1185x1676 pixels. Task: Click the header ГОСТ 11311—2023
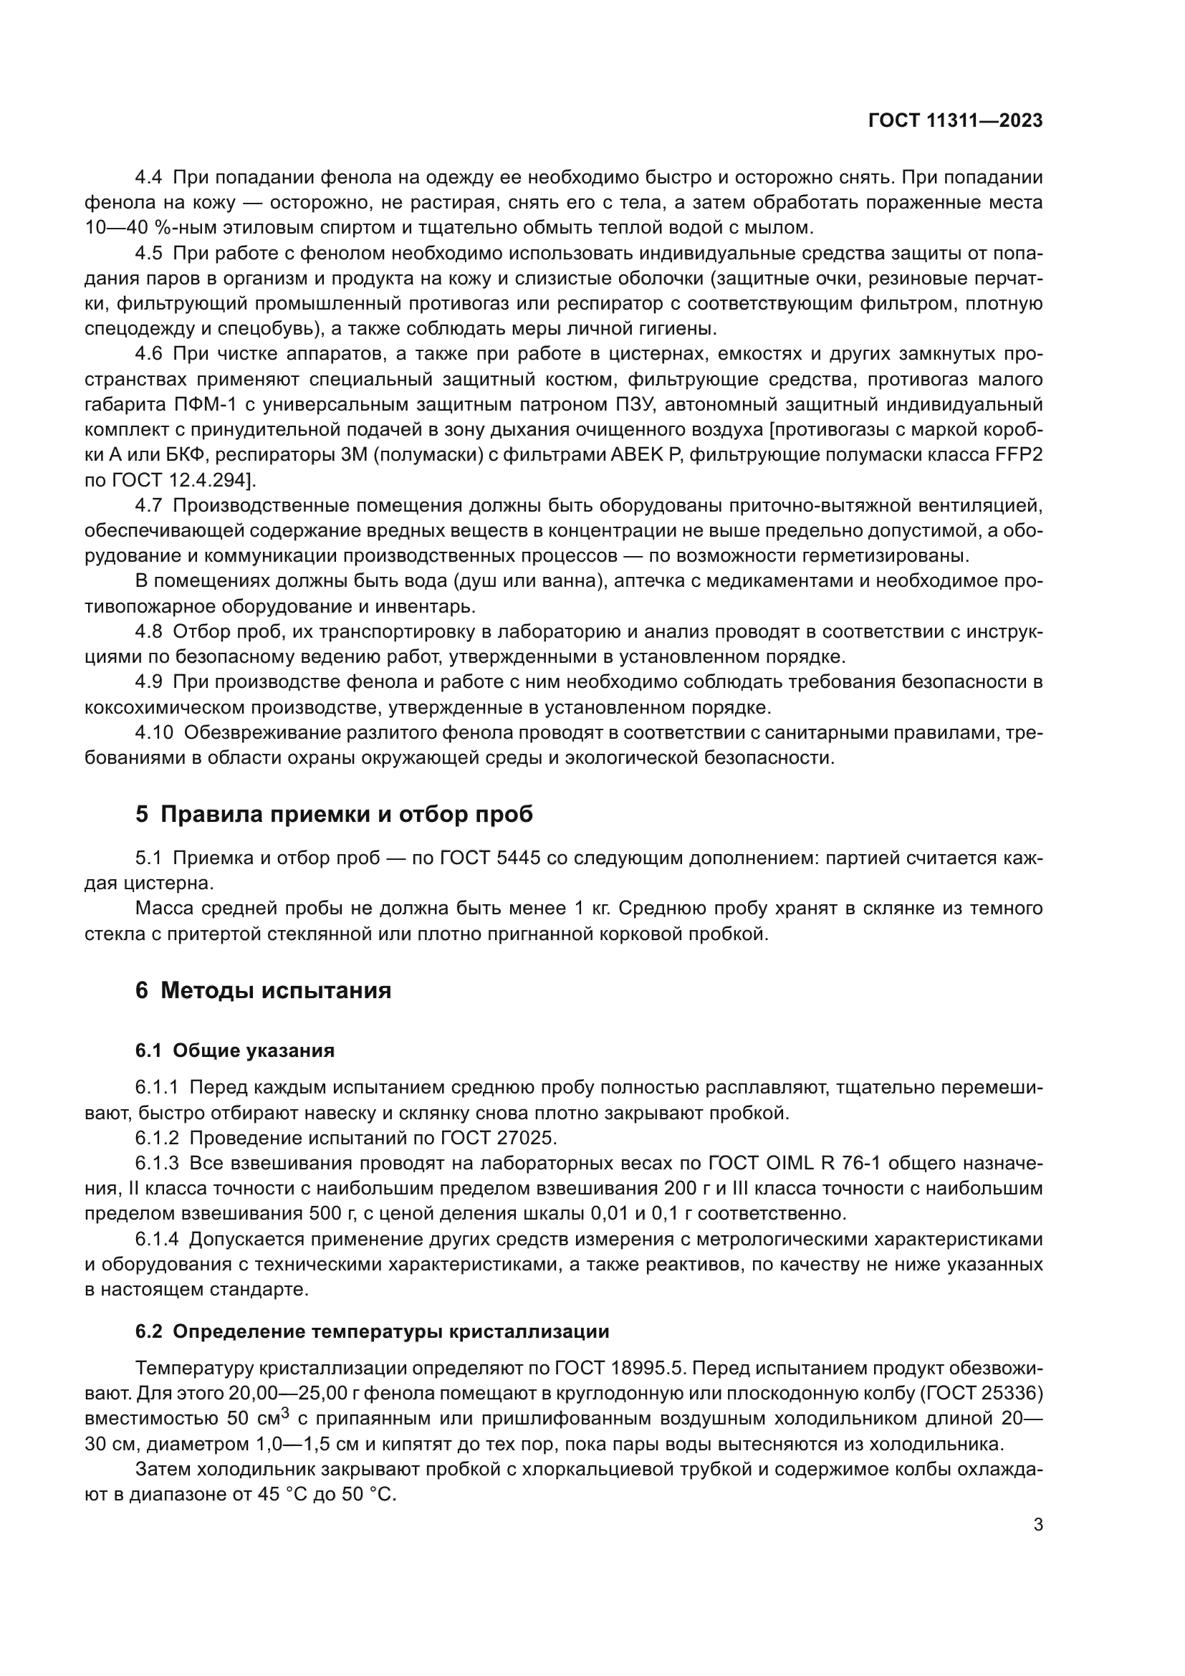[x=955, y=121]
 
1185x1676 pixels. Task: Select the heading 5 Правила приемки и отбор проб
[x=334, y=814]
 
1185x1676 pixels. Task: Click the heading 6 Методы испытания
[x=264, y=990]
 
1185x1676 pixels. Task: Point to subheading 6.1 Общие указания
[x=235, y=1051]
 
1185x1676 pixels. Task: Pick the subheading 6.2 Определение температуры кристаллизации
[x=372, y=1331]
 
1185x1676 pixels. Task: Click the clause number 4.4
[x=150, y=178]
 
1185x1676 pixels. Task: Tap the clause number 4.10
[x=154, y=732]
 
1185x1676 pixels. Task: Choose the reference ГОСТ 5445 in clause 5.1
[x=489, y=858]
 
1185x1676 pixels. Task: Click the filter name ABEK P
[x=648, y=456]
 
